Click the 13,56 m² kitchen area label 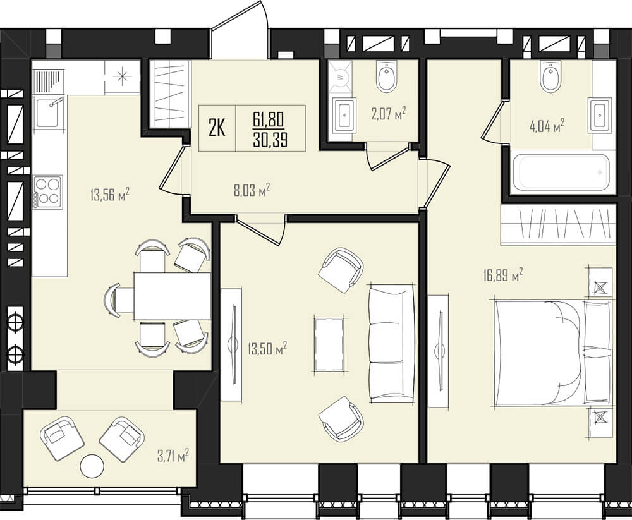[x=109, y=195]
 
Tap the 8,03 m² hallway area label [x=252, y=190]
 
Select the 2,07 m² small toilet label [x=388, y=114]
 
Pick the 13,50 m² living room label [x=267, y=348]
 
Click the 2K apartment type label [x=217, y=128]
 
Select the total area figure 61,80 [x=269, y=119]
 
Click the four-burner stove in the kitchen [x=47, y=192]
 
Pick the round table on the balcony [x=92, y=466]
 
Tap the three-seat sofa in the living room [x=392, y=342]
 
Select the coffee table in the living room [x=330, y=344]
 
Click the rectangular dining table [x=173, y=296]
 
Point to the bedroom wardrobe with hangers [x=558, y=224]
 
